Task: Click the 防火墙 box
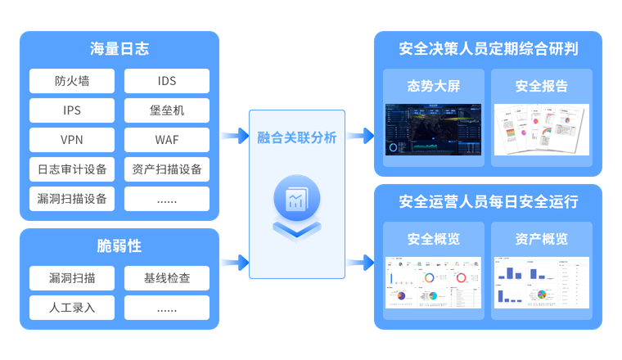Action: tap(72, 81)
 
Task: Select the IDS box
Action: tap(167, 81)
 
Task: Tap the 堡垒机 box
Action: tap(167, 110)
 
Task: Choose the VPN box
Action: tap(72, 140)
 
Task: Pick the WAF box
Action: tap(167, 140)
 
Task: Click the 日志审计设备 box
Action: tap(72, 169)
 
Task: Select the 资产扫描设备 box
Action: tap(167, 169)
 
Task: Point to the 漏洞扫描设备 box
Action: tap(72, 199)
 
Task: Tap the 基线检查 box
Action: tap(167, 278)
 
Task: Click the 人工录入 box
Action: tap(72, 308)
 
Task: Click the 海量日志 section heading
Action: tap(119, 49)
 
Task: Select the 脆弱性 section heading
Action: tap(119, 246)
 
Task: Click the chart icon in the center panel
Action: tap(296, 200)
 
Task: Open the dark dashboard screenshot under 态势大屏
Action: tap(433, 129)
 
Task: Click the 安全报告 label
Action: tap(541, 86)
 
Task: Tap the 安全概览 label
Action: tap(433, 239)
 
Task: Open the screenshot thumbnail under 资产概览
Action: tap(541, 282)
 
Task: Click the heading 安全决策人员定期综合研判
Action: tap(489, 49)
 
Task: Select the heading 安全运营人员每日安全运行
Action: tap(489, 201)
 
